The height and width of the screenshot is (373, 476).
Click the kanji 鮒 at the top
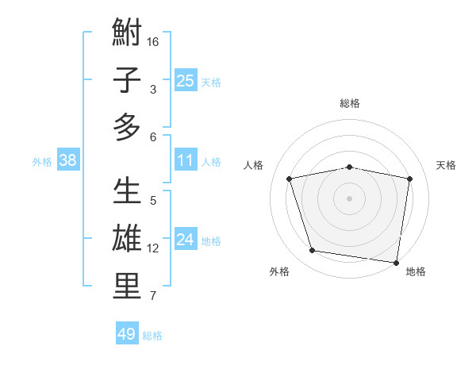127,33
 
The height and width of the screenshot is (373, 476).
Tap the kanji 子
127,80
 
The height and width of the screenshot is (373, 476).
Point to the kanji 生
127,192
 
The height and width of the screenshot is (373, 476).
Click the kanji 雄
127,239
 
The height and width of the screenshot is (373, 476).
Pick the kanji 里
127,286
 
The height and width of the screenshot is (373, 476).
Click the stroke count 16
153,41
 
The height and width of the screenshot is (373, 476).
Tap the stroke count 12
153,248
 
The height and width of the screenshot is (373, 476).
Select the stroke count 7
153,297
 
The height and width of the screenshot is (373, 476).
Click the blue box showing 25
185,80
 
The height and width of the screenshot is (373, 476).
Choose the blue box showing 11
185,160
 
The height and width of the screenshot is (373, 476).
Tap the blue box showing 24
185,240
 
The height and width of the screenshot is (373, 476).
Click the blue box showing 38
67,160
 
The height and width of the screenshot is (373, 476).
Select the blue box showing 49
127,334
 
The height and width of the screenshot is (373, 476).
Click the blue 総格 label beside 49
152,336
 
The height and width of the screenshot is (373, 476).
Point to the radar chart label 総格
350,103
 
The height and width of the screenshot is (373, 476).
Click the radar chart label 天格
447,165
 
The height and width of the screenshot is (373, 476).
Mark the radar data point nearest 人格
290,179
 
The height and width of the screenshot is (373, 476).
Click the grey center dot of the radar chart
349,198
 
